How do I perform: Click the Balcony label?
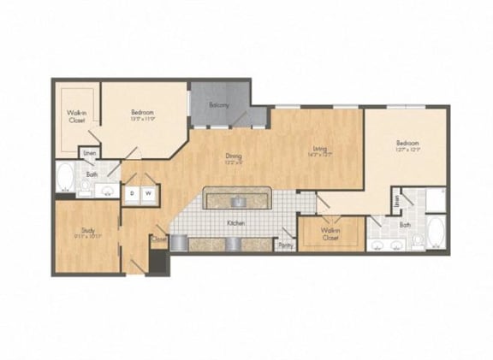220,105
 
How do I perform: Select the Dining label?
233,156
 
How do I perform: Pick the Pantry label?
285,245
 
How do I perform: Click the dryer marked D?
132,193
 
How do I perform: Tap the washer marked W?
148,193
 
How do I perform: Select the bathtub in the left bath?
65,179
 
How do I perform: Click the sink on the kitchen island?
240,202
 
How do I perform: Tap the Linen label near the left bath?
87,153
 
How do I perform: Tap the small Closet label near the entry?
158,240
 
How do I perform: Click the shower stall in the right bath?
435,198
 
